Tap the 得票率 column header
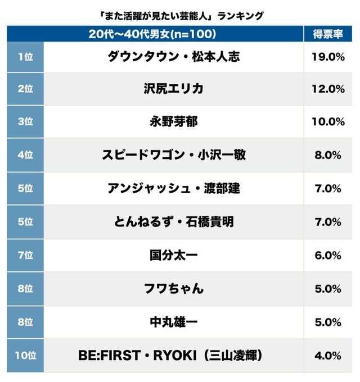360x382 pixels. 328,34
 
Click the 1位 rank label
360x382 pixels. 25,56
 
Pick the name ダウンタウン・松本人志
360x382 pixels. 173,56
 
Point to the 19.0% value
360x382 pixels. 328,56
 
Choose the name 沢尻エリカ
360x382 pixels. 173,89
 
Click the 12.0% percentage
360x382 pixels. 328,89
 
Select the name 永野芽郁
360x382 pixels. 173,122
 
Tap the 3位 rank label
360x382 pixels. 25,122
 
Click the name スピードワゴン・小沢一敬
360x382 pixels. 173,155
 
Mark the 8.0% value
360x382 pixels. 328,155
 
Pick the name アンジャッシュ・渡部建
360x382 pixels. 173,189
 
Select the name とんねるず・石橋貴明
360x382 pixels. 173,222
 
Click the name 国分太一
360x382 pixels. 173,255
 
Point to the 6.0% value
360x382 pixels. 328,255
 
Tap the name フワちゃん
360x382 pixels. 173,289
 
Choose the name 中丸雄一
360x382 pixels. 173,322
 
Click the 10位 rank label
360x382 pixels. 25,356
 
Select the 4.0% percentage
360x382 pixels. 328,356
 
